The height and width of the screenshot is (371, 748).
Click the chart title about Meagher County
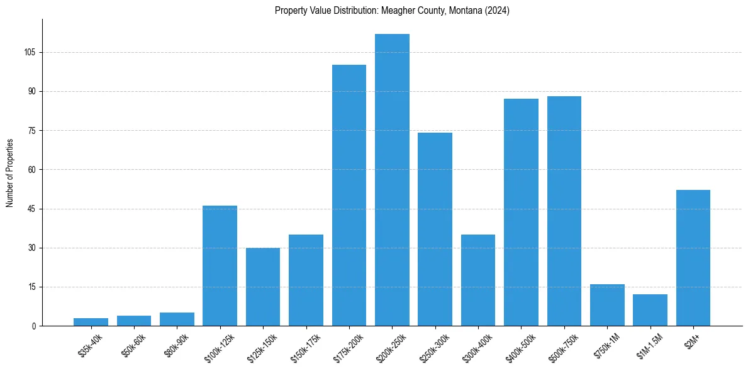[392, 11]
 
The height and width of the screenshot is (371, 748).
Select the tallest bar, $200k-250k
[392, 180]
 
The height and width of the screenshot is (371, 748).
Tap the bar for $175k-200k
[349, 195]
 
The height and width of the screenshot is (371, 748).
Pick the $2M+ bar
[693, 258]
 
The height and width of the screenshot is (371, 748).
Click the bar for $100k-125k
[220, 265]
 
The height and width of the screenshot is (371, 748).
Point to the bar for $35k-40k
[91, 322]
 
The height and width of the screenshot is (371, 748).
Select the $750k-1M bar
[607, 305]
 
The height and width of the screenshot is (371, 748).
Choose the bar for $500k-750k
[564, 211]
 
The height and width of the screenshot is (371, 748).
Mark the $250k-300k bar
[435, 229]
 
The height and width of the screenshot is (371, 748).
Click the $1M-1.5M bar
[650, 310]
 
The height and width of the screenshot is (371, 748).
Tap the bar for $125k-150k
[263, 287]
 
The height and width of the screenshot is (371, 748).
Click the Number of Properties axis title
[10, 173]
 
